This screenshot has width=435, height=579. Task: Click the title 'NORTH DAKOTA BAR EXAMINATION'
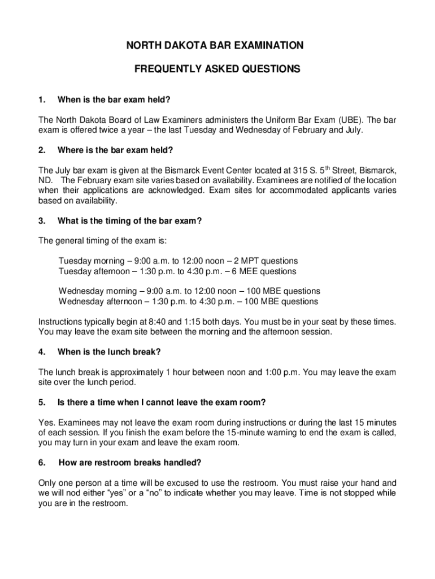[217, 46]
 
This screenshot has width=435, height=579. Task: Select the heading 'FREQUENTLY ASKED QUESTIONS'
[217, 70]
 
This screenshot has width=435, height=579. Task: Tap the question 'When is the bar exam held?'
[114, 100]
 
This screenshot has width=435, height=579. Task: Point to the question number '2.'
[41, 150]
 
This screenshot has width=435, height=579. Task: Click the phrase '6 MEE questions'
[264, 271]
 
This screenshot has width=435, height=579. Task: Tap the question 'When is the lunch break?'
[109, 352]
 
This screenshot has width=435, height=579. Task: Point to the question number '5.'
[41, 403]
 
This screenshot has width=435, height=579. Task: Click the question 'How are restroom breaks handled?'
[130, 463]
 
